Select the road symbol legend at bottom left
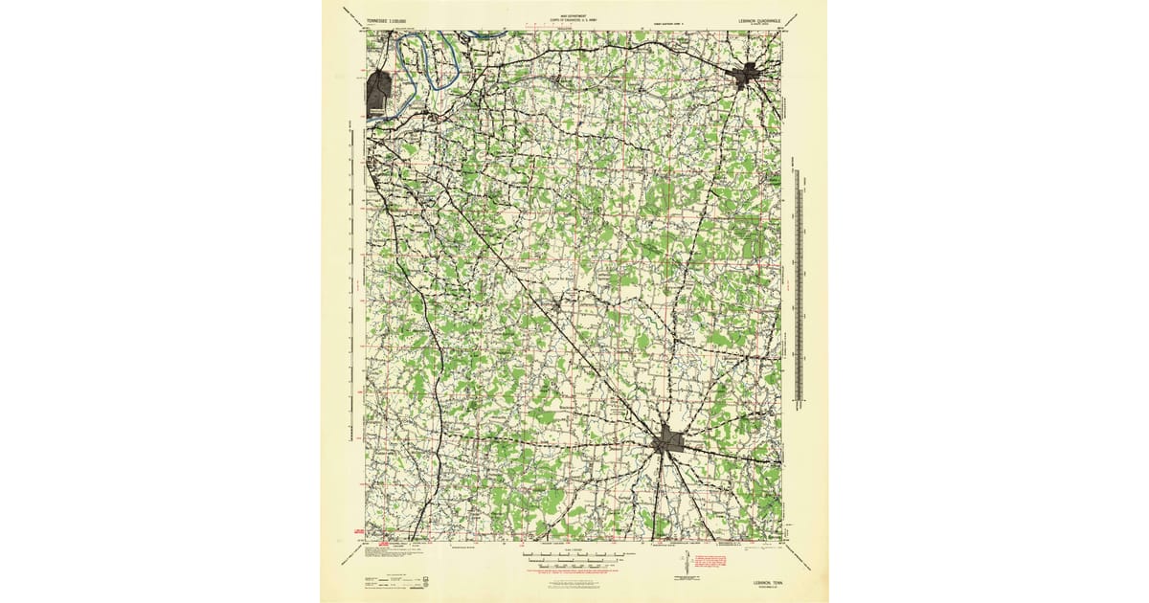383,580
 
